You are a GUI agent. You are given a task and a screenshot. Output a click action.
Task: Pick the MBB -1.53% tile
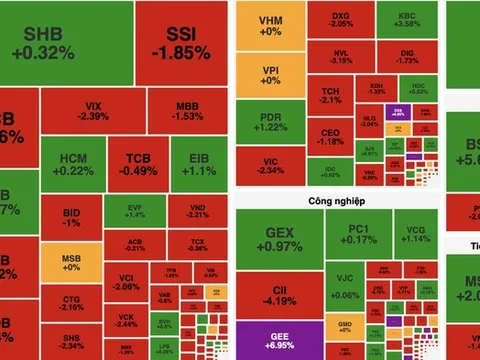[188, 111]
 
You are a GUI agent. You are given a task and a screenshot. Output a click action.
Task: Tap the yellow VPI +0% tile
[269, 76]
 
